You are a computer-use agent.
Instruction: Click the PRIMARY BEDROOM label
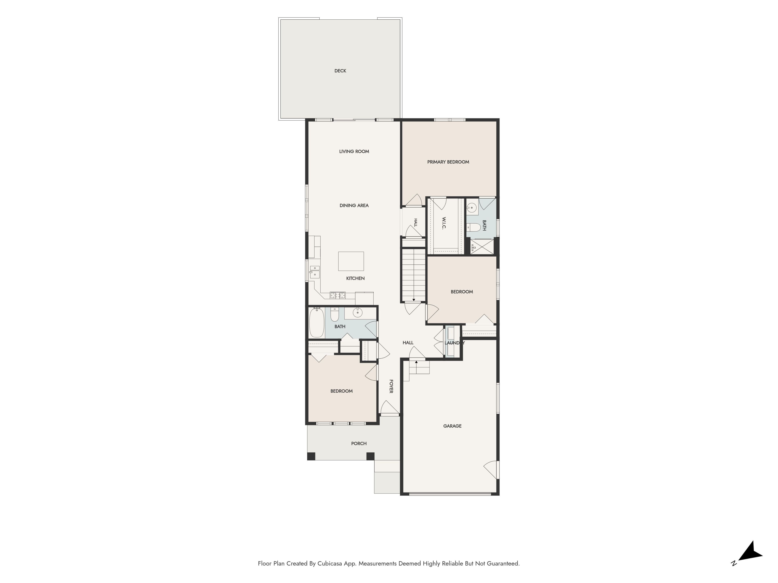pos(448,162)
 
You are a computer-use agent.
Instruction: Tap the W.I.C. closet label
pos(444,223)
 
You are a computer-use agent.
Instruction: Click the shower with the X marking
pos(482,246)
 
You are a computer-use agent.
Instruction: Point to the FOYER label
pos(391,386)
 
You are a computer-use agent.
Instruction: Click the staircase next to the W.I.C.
pos(414,275)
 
